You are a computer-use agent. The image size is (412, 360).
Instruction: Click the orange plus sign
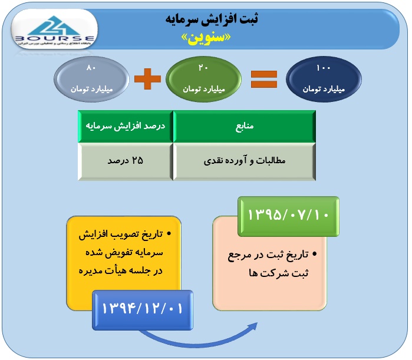(147, 80)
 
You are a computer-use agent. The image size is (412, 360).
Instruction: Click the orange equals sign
(263, 80)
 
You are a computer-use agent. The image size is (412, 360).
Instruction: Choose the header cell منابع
(243, 127)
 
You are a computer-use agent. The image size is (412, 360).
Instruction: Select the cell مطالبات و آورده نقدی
(243, 161)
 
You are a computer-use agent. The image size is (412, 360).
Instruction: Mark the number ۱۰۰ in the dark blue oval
(324, 69)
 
